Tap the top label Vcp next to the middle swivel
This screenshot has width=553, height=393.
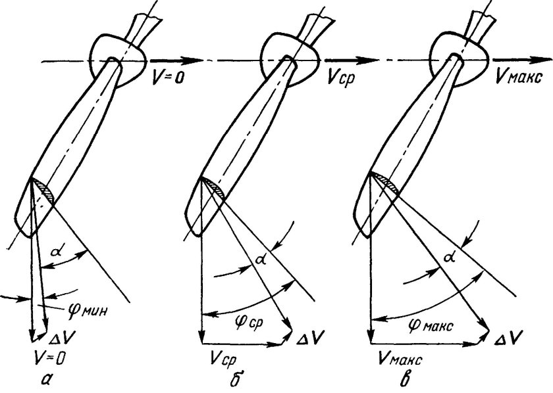tap(341, 74)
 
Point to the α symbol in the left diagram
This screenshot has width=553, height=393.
tap(55, 250)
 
